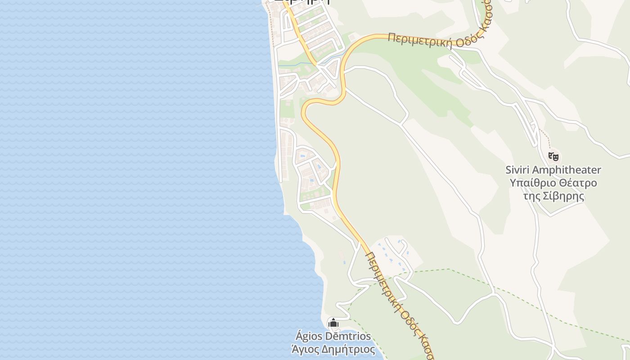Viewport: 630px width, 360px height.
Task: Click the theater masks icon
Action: [553, 157]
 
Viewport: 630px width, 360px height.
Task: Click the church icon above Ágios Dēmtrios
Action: [333, 323]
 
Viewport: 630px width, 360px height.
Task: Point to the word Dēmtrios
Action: [347, 336]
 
